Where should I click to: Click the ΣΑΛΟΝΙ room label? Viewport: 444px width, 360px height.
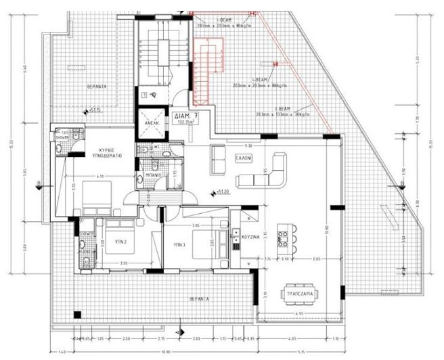pyautogui.click(x=244, y=155)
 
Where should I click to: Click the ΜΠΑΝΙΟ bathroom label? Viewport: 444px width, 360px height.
pyautogui.click(x=154, y=173)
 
